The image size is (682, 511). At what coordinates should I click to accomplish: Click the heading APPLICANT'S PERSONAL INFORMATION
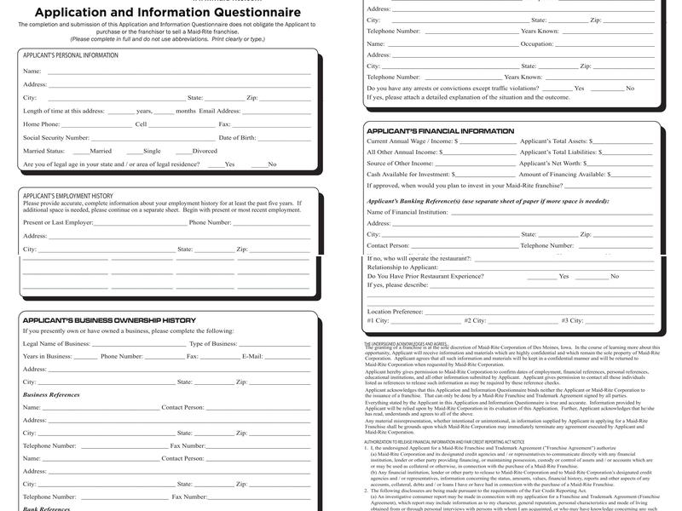coord(71,55)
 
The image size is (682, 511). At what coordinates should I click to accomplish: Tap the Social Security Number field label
coord(56,137)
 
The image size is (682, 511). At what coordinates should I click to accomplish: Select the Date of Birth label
coord(237,137)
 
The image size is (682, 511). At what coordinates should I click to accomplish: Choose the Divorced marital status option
coord(204,151)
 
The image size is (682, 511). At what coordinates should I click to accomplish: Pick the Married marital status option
coord(100,151)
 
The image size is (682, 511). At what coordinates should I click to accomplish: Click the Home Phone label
coord(42,124)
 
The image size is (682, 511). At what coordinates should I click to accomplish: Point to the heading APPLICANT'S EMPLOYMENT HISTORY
coord(67,196)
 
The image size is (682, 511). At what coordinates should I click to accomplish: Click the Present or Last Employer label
coord(58,222)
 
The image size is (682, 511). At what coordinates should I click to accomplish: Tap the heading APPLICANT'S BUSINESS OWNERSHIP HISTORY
coord(109,320)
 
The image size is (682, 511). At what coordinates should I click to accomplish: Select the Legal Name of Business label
coord(56,343)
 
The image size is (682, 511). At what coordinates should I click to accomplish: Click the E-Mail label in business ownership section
coord(251,356)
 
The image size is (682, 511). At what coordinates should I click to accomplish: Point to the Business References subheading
coord(51,395)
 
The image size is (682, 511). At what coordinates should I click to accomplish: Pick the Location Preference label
coord(395,312)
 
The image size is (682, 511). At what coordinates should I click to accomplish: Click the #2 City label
coord(475,320)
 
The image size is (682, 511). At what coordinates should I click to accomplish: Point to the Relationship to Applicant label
coord(402,267)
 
